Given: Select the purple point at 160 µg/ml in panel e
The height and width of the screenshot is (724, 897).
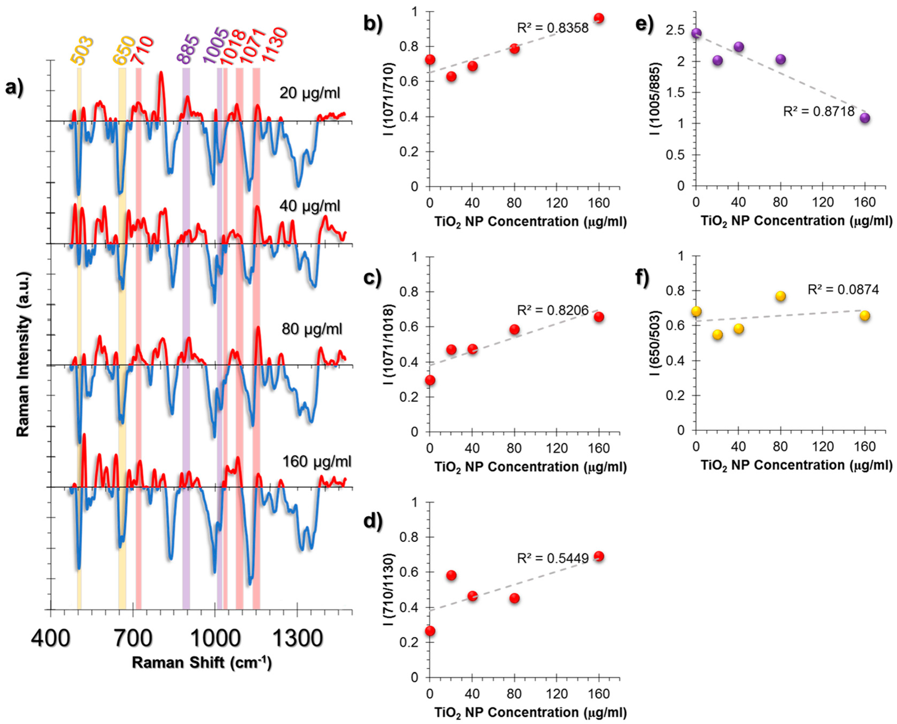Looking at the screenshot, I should pos(865,118).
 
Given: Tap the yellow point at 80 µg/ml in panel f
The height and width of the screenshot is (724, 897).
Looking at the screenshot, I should pos(781,296).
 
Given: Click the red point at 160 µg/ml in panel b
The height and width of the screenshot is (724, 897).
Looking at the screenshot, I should pos(599,18).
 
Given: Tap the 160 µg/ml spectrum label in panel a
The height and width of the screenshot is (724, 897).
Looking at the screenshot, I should pos(317,462).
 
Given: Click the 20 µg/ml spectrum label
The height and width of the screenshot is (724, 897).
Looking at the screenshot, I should pos(310,93).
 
